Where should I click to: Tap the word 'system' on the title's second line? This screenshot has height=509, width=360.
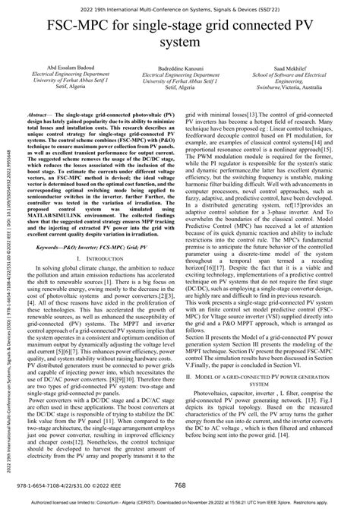[x=179, y=44]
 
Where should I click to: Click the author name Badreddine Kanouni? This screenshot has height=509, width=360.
[x=181, y=65]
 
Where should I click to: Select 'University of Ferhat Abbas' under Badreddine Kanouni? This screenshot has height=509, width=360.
[x=181, y=80]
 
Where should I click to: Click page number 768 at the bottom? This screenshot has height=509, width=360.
[x=180, y=485]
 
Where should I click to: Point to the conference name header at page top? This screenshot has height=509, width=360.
[x=180, y=6]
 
